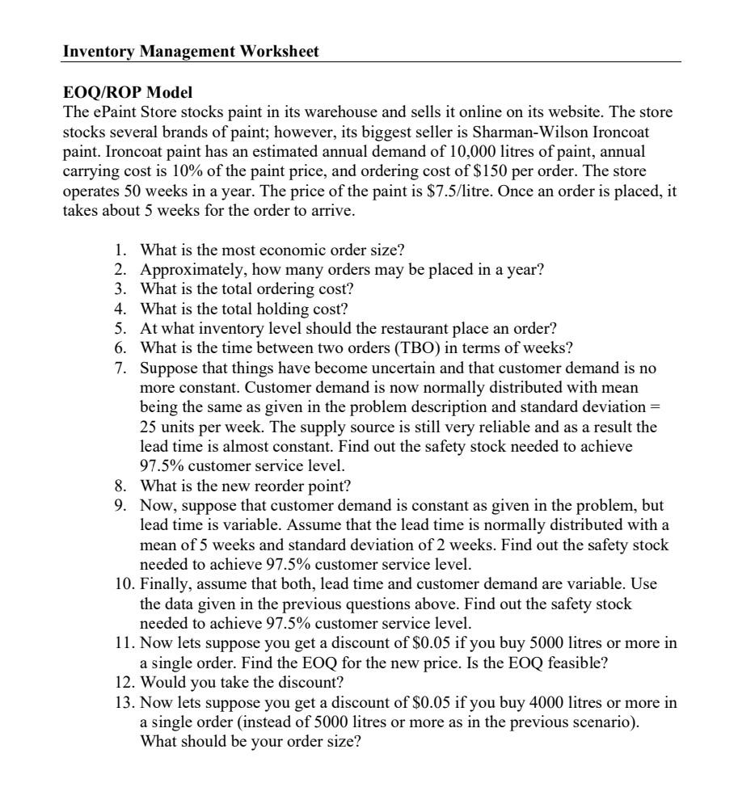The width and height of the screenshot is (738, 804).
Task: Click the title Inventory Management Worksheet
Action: (191, 52)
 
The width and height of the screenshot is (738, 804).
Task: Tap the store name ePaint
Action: (111, 112)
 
